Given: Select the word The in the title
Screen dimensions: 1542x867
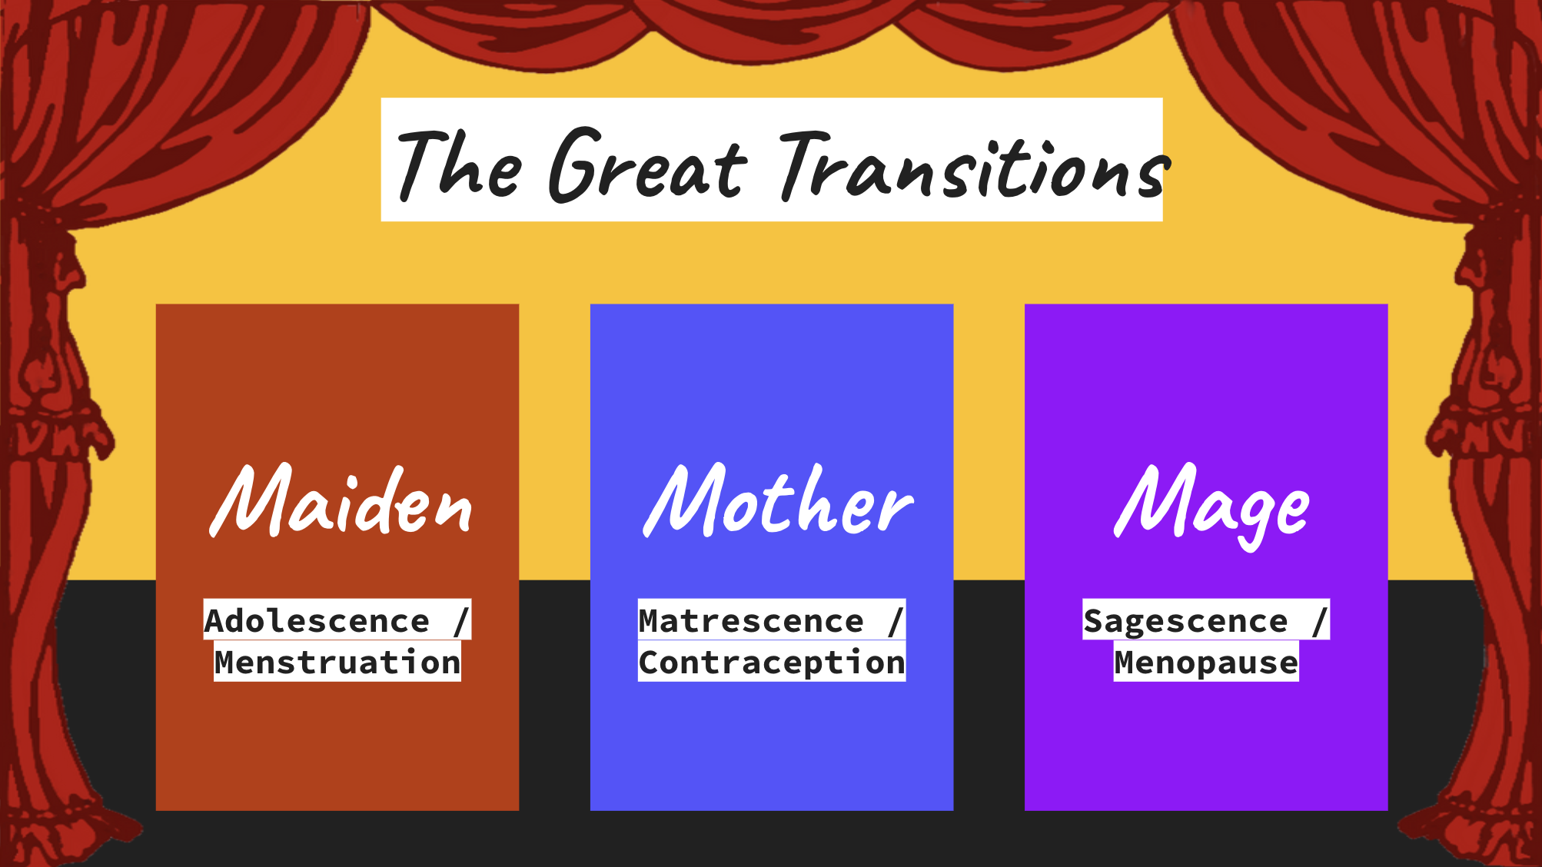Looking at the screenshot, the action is (x=460, y=164).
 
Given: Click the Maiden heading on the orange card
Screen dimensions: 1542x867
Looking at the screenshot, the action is (x=341, y=500).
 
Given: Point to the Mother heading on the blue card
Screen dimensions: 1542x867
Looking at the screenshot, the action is (x=778, y=500).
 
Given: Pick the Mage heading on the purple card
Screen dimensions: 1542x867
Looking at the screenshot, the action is (x=1211, y=506).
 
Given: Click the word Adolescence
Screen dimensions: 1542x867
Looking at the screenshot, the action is (x=317, y=621).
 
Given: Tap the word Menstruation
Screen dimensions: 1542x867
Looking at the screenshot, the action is (x=337, y=663).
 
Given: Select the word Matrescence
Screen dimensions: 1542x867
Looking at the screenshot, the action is (x=751, y=621).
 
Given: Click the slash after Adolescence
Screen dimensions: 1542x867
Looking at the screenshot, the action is (x=461, y=621).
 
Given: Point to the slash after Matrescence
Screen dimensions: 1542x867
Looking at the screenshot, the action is (x=896, y=621).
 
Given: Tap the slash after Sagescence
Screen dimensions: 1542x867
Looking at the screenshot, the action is (x=1320, y=621).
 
